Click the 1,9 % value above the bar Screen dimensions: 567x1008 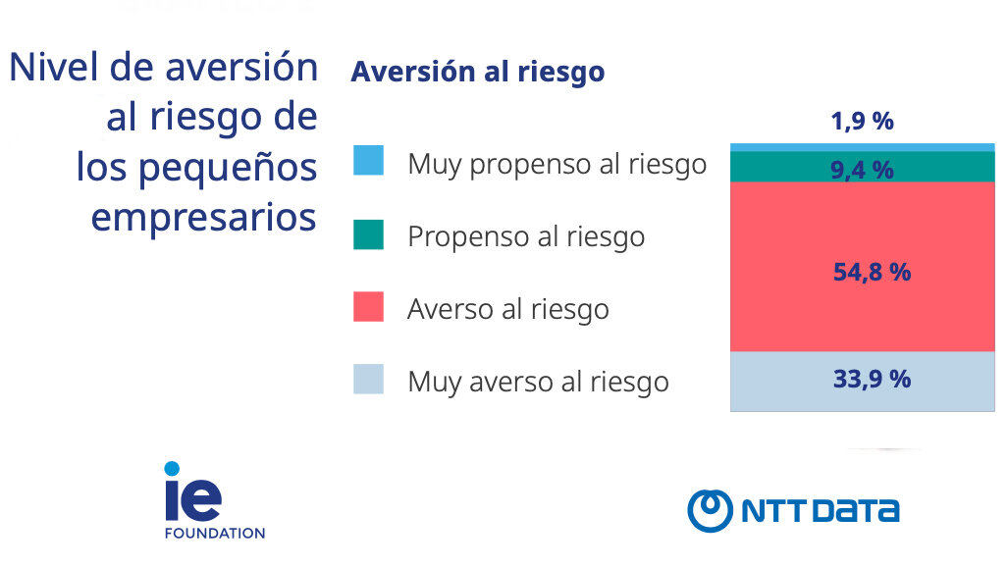(x=862, y=122)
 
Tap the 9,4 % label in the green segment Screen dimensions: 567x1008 (x=862, y=171)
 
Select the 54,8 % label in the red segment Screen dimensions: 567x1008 (x=872, y=273)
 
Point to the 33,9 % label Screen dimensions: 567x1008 (x=872, y=379)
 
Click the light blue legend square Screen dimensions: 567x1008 (x=368, y=161)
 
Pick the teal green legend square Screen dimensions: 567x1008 (x=368, y=233)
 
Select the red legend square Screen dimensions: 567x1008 (x=368, y=306)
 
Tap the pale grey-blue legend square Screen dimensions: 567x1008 (x=368, y=379)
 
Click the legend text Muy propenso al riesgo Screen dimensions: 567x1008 (x=557, y=164)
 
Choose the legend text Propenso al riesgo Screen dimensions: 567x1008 (x=526, y=236)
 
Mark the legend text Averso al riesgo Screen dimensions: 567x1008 (x=507, y=309)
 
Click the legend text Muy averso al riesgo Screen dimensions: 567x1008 (x=538, y=382)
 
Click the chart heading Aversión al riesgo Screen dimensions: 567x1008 (x=477, y=73)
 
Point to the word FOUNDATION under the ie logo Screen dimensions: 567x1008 (x=214, y=534)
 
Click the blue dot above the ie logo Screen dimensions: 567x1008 (x=172, y=469)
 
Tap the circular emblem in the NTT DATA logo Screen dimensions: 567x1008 (x=710, y=510)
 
